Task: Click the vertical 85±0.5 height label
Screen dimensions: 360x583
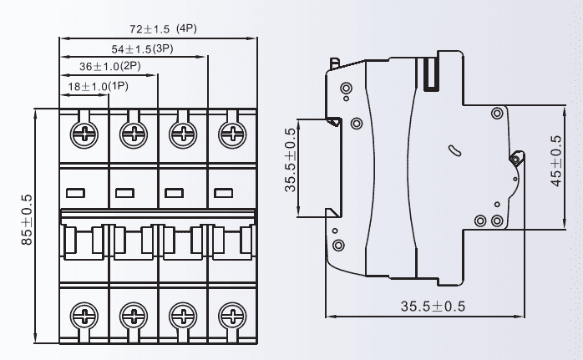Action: coord(27,220)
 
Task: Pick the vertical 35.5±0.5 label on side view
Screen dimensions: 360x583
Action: coord(291,160)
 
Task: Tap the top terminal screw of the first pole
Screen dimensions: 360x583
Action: coord(84,132)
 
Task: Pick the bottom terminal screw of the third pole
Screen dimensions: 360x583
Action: coord(181,316)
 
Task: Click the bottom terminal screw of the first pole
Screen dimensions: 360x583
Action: coord(84,316)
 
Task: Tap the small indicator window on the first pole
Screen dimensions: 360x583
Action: coord(75,193)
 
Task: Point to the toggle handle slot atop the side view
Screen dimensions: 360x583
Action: coord(432,70)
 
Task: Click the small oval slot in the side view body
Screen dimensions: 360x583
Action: coord(454,151)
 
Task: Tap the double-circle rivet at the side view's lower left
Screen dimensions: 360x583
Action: coord(338,245)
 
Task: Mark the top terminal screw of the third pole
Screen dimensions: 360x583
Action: coord(181,132)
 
